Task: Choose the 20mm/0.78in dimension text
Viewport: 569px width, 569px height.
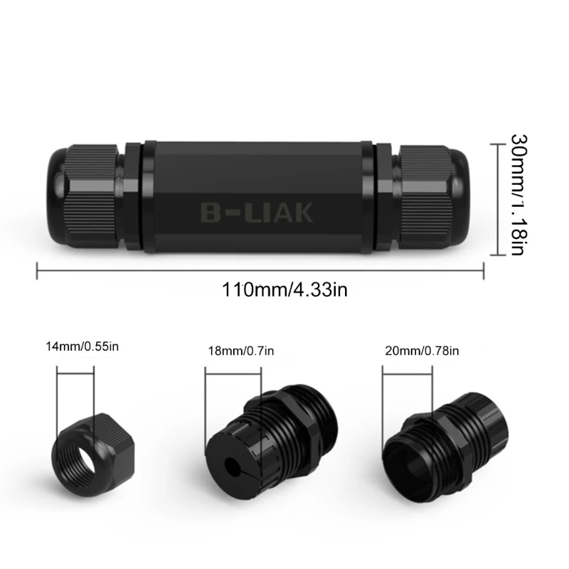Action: (x=422, y=350)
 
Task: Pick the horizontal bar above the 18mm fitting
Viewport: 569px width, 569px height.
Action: (x=233, y=368)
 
